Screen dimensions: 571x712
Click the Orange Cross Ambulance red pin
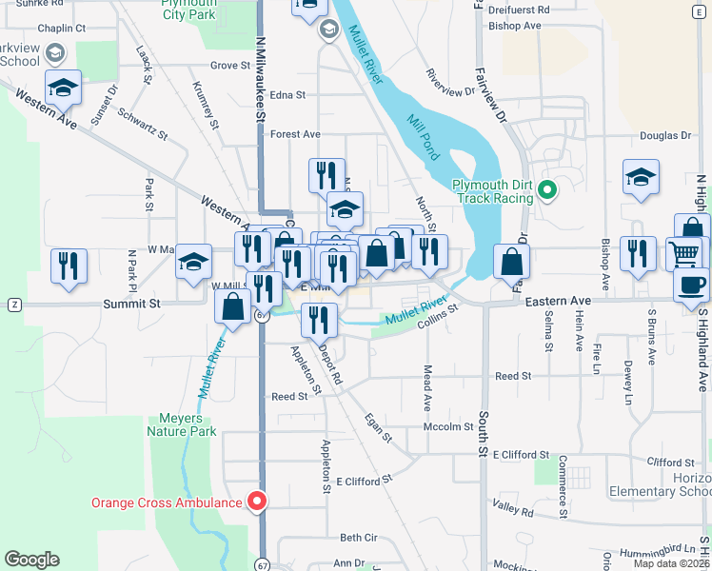(x=256, y=500)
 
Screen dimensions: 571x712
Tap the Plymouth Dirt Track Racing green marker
(x=547, y=190)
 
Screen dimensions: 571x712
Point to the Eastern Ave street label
(x=558, y=302)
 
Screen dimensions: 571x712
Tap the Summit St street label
(x=131, y=304)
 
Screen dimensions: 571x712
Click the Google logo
(x=32, y=560)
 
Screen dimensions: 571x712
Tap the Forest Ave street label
(x=295, y=135)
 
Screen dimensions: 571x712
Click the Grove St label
(x=230, y=66)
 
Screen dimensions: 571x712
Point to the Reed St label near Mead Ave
(x=512, y=377)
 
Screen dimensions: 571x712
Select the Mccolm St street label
(x=446, y=427)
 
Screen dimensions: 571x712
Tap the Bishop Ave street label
(x=514, y=26)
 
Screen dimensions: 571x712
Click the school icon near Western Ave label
(x=64, y=88)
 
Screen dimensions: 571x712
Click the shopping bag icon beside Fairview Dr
(x=512, y=261)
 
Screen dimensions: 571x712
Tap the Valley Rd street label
(x=514, y=511)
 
